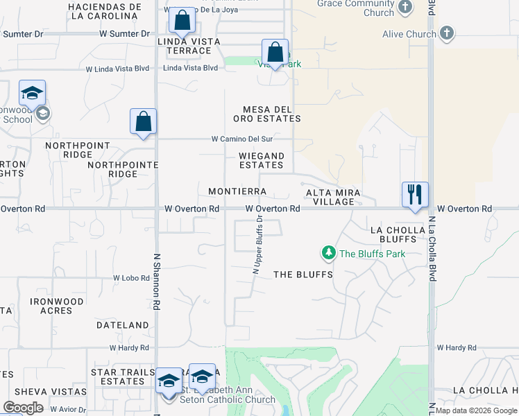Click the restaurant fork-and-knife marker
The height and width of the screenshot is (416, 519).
pos(415,194)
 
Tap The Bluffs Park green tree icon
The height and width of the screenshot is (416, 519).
pos(328,254)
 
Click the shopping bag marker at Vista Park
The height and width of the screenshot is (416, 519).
pos(275,52)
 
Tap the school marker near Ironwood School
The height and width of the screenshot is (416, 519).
pos(32,94)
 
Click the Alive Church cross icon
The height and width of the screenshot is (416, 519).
pos(447,33)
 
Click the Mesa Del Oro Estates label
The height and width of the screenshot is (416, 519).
pos(271,114)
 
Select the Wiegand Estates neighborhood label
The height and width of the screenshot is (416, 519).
pos(262,160)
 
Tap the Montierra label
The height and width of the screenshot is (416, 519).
pos(237,191)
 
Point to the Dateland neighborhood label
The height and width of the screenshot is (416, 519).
pos(122,324)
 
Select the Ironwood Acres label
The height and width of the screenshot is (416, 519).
pos(57,306)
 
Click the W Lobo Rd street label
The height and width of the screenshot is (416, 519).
pos(133,277)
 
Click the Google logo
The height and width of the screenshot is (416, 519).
pos(23,408)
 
